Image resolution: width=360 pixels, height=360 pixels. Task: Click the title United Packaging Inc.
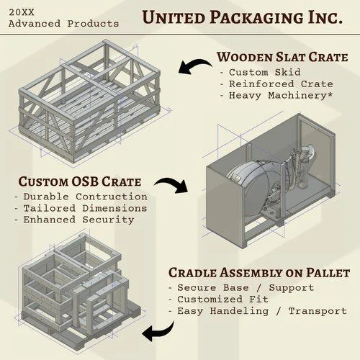[x=241, y=17]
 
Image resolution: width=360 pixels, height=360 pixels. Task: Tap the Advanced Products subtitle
[x=63, y=24]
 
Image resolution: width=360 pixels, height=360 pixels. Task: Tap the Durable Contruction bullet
[x=81, y=196]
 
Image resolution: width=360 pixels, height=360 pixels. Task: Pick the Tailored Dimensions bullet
[x=81, y=207]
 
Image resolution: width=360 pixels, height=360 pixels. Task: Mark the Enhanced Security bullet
[x=74, y=219]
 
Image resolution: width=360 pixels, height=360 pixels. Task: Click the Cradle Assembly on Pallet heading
[x=259, y=273]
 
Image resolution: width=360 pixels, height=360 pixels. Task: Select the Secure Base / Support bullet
[x=240, y=287]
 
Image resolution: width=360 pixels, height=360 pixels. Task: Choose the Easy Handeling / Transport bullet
[x=257, y=310]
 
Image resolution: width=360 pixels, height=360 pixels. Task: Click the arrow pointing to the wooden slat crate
[x=195, y=68]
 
